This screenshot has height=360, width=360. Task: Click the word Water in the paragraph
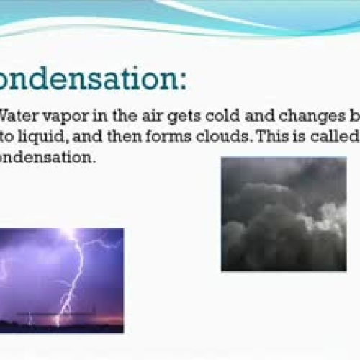[x=17, y=114]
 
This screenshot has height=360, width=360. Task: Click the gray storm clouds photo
[x=283, y=214]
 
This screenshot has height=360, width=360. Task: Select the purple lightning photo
[x=62, y=280]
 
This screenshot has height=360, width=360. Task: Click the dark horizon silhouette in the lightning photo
[x=62, y=327]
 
